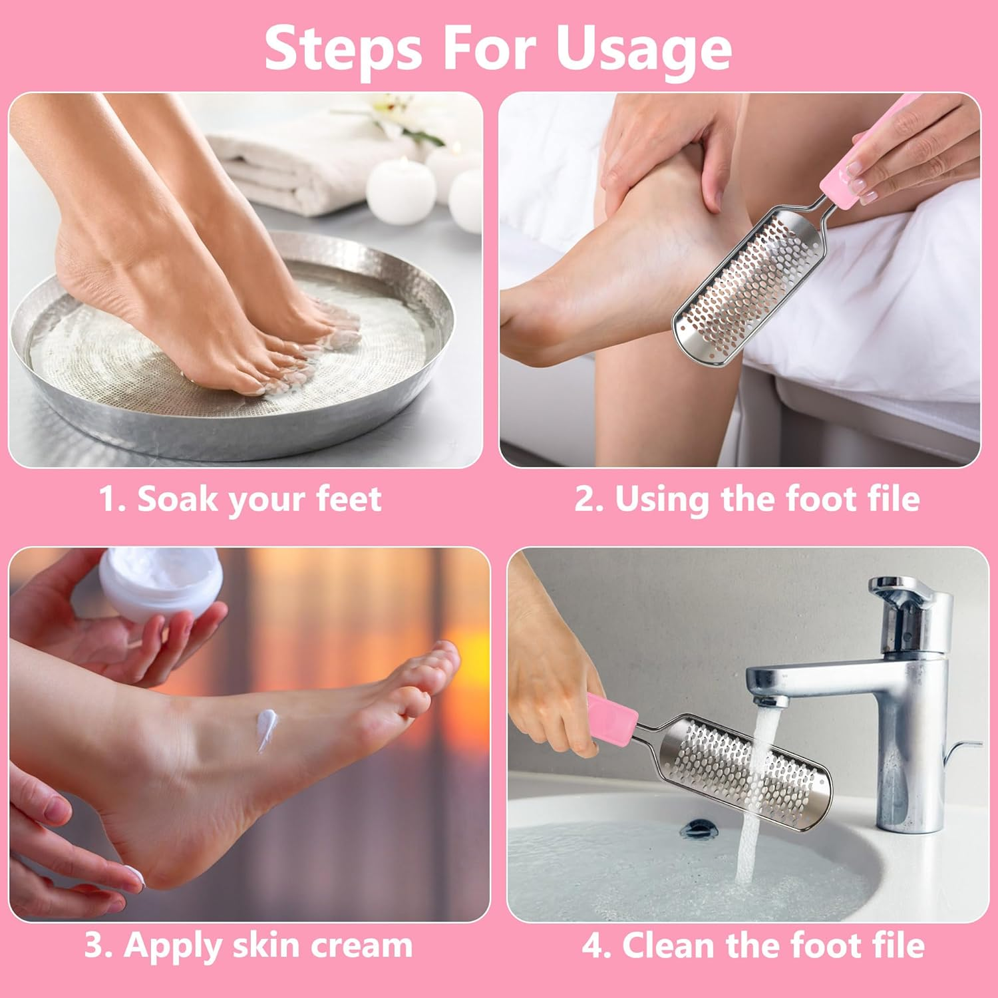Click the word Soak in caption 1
pos(176,499)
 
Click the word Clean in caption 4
pos(668,945)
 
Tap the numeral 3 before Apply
pos(95,945)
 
